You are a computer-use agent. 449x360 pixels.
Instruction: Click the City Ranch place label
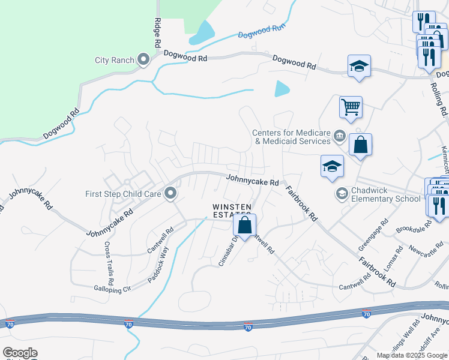115,60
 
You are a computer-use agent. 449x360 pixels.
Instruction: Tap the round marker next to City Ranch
143,59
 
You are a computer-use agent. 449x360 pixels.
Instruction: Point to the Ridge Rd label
157,32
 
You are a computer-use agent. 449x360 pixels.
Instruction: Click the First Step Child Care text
123,194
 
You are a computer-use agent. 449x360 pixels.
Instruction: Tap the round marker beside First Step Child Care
170,193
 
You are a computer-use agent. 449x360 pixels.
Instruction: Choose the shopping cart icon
351,107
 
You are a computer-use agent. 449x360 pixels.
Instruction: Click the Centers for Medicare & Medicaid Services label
292,137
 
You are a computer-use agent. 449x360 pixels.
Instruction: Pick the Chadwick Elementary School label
386,194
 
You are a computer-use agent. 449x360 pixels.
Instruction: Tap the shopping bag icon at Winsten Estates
245,226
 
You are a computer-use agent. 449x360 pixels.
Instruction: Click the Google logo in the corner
20,353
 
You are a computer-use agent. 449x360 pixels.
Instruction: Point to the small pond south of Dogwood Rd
282,89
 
